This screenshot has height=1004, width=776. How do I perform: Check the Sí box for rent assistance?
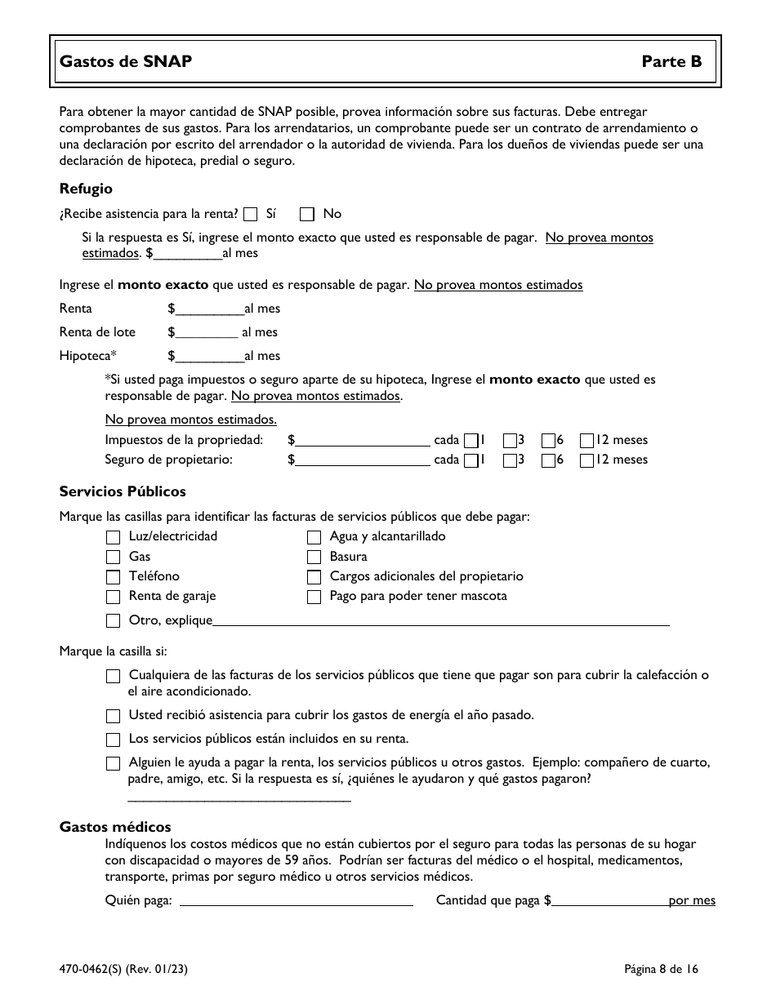click(x=251, y=215)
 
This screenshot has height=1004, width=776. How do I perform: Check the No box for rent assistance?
click(x=307, y=215)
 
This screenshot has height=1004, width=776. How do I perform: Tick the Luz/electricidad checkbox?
click(x=113, y=538)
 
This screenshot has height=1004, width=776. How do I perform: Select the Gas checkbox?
click(x=113, y=558)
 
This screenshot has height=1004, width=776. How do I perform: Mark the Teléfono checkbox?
click(x=113, y=577)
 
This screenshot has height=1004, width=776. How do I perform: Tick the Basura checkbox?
click(x=314, y=558)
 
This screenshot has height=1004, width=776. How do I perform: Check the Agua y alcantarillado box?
click(x=314, y=538)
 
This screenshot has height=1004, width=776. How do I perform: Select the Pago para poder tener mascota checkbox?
click(x=314, y=597)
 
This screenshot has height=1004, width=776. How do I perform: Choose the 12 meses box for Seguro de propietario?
click(x=586, y=460)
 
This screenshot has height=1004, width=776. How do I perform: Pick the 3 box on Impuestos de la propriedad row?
click(x=510, y=441)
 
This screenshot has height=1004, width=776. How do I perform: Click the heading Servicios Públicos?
click(x=123, y=491)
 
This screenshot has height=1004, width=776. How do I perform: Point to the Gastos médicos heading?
click(x=115, y=827)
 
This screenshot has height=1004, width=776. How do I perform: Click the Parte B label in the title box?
click(x=671, y=61)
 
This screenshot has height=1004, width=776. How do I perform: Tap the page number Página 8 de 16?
click(x=661, y=970)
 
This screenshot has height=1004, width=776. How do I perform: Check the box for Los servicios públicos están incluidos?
click(x=113, y=740)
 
